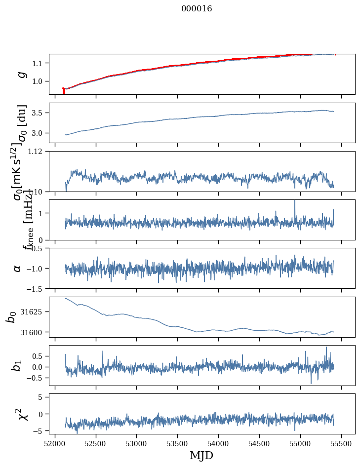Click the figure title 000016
point(197,8)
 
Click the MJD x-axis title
point(201,455)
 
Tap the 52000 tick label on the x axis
point(55,443)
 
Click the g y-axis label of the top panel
point(21,75)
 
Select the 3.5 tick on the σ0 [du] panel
point(38,113)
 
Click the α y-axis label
point(18,268)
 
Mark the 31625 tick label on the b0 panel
point(33,312)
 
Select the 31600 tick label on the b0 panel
point(33,332)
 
